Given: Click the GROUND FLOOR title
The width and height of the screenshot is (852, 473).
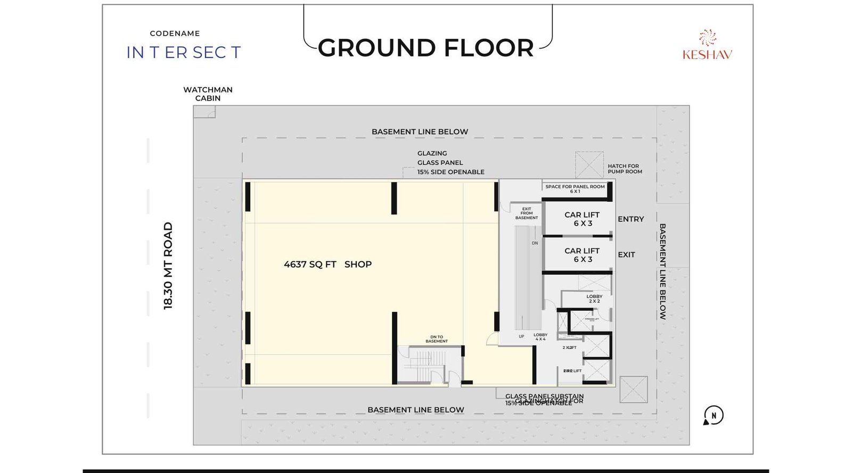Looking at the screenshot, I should point(425,48).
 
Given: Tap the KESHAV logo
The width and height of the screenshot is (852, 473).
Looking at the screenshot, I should point(707,46).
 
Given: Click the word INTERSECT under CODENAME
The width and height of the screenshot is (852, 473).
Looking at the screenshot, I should point(184,52).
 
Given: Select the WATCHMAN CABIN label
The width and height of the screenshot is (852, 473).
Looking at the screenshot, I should point(208,94).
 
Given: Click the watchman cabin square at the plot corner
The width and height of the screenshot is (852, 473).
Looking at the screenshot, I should point(204,112).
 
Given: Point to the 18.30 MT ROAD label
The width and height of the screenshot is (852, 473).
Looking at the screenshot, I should point(168,265).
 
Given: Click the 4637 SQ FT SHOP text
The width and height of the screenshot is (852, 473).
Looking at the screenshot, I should point(327,264).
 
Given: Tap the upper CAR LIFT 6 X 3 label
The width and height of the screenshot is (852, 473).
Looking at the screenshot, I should point(582,219).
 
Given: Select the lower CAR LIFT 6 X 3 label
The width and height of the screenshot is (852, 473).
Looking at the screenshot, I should point(582,255).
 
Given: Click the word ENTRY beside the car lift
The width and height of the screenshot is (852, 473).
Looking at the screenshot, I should point(630,219).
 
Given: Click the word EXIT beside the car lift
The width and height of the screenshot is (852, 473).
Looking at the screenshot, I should point(626,255).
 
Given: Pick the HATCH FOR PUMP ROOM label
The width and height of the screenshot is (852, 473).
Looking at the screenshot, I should point(625,169).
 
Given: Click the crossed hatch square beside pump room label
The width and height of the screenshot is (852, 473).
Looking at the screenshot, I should point(589,165).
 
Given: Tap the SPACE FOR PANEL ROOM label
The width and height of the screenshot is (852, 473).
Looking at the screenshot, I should point(575,188).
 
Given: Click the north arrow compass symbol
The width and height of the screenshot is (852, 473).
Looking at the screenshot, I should point(713,416).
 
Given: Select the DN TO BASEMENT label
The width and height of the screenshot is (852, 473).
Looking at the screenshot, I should point(437,339).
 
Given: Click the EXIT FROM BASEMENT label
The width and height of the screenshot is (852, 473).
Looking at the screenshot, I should point(526,213).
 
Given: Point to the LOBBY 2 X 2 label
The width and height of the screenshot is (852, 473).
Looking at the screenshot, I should point(594,298).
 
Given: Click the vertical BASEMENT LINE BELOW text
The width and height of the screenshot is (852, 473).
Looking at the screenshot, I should point(662,271).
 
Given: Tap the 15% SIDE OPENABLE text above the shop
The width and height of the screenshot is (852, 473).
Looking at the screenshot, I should point(450,172).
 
